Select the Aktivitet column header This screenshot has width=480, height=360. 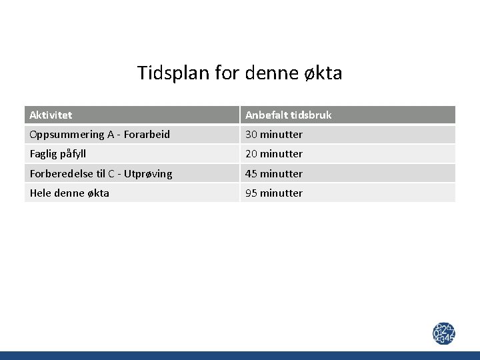(51, 115)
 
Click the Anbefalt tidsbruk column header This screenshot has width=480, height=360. (288, 115)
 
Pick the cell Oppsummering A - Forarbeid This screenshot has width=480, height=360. (99, 135)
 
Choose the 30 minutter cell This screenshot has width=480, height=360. (274, 135)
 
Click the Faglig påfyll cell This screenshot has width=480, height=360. (63, 154)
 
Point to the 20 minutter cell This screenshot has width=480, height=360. (274, 154)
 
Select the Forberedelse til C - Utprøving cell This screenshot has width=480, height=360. (101, 174)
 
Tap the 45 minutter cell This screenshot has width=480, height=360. (274, 174)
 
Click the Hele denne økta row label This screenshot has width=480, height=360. (69, 193)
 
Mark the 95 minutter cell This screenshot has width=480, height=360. (274, 193)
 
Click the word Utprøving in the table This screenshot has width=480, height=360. (148, 174)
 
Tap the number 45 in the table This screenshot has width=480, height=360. (251, 174)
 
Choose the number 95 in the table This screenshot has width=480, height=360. (251, 193)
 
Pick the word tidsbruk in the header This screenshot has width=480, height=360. (309, 115)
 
